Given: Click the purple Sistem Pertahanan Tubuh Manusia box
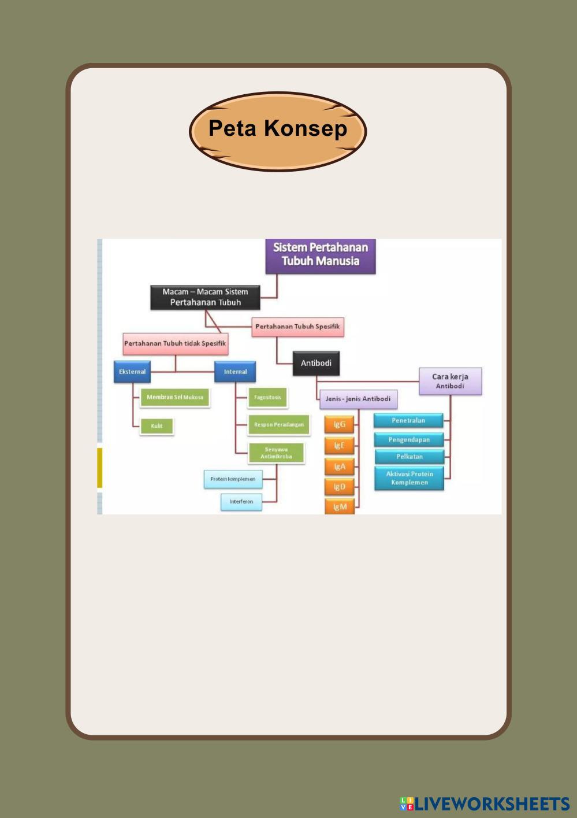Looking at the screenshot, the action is [x=321, y=255].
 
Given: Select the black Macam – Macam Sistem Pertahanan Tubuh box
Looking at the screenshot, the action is [x=205, y=297].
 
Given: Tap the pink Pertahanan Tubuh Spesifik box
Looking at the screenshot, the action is [x=297, y=327].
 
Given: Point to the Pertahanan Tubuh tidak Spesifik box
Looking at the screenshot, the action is [x=175, y=343].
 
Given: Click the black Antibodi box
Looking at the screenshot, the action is [x=316, y=363].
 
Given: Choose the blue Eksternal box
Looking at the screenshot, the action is [x=132, y=372].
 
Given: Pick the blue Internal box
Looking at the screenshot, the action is [x=235, y=372].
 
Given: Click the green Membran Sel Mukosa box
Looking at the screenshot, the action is [x=174, y=397].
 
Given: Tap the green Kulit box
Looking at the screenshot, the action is [x=157, y=426].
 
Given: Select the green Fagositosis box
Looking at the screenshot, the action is [x=267, y=397].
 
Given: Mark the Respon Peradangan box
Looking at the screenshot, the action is [x=279, y=425].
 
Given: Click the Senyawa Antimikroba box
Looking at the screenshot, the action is [x=276, y=453].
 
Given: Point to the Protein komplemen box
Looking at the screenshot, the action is [x=233, y=479].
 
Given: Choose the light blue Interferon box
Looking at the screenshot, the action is [x=241, y=502].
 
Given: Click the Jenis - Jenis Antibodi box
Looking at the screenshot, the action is [x=358, y=399].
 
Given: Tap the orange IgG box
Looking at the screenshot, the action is [x=340, y=424].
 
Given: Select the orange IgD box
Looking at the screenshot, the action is [x=340, y=487].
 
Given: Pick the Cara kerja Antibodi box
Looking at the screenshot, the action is [x=450, y=381].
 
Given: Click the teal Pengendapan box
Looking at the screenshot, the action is [x=409, y=440].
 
